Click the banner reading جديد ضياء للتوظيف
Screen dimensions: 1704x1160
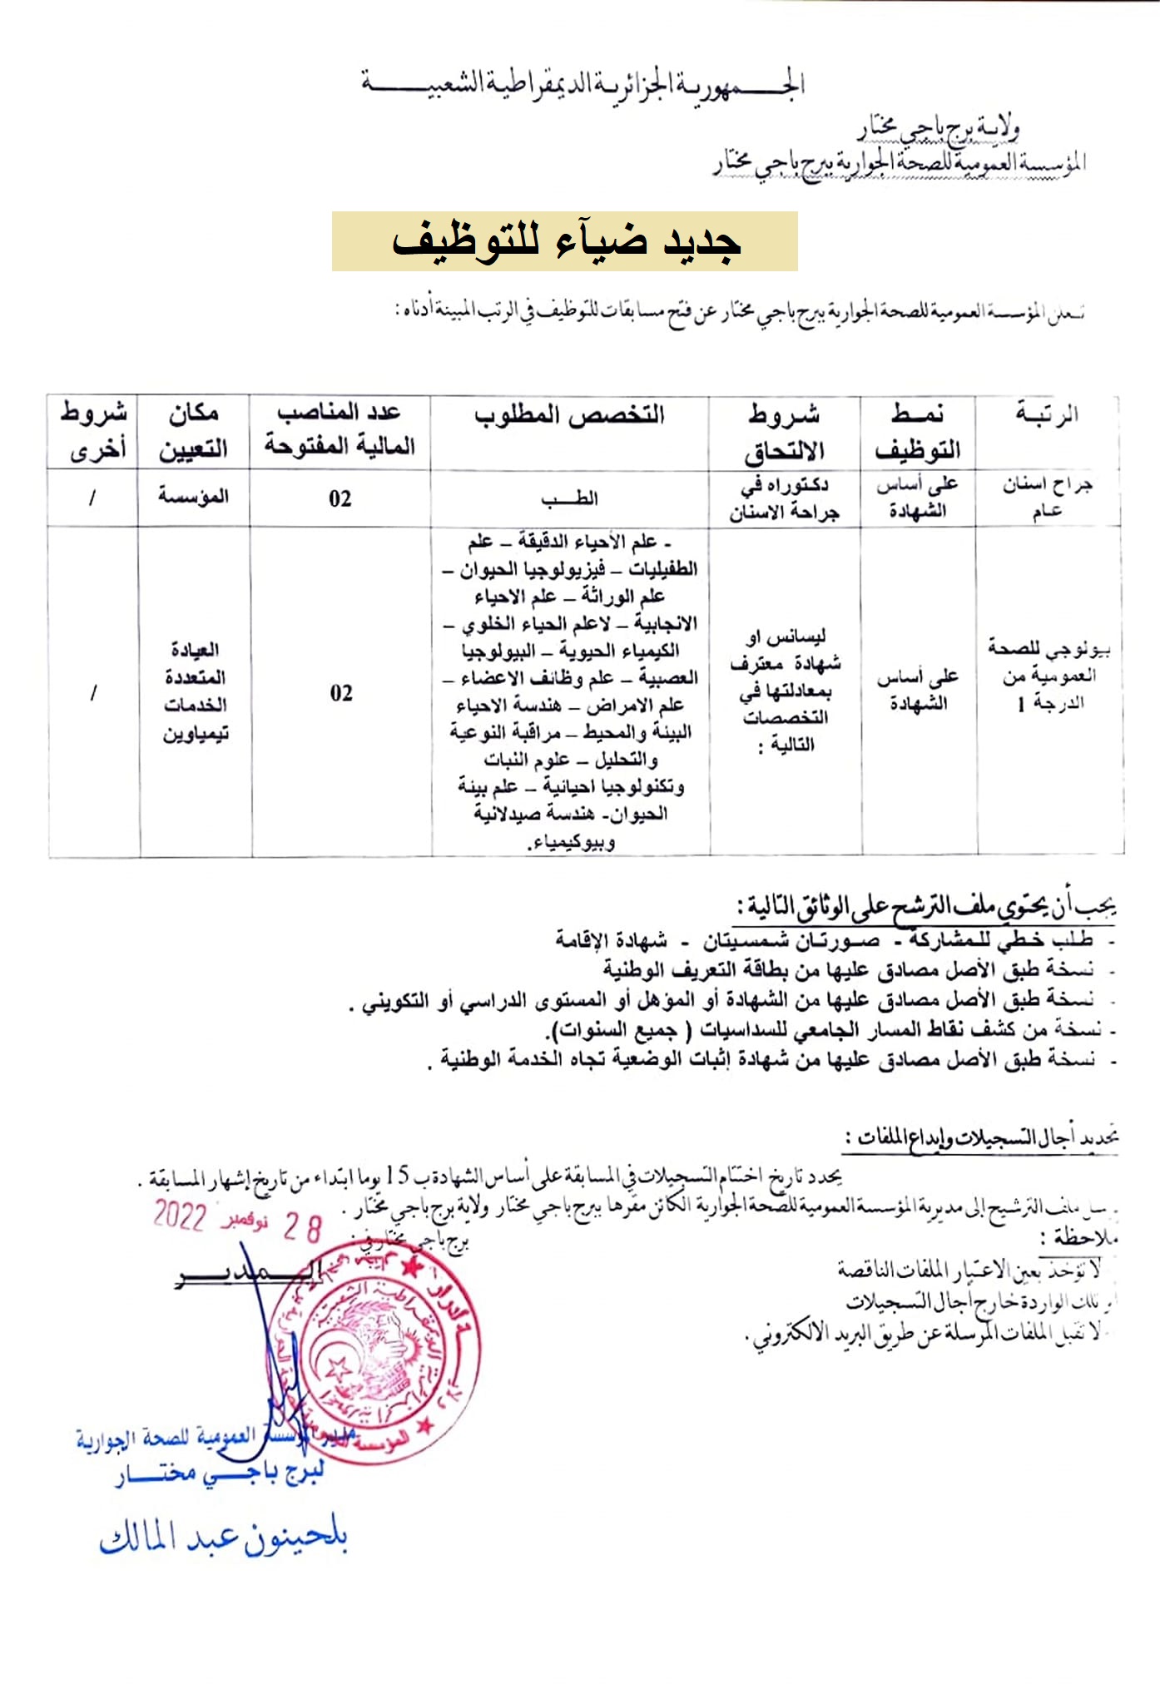click(x=564, y=241)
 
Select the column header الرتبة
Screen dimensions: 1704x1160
click(x=1047, y=414)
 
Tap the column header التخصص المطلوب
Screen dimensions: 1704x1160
click(x=570, y=415)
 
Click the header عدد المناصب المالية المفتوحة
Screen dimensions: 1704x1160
click(x=340, y=429)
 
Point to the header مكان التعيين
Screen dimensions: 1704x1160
click(x=194, y=431)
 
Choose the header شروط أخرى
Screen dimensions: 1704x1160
click(x=93, y=431)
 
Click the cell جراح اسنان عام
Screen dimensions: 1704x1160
click(x=1047, y=498)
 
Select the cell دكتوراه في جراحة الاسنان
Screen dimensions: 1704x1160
click(x=785, y=498)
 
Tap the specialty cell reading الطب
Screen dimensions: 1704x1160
click(x=570, y=498)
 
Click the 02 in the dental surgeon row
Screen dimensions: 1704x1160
click(x=340, y=499)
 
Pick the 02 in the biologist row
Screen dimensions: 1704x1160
click(x=341, y=693)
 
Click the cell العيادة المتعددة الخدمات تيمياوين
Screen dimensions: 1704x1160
click(x=195, y=691)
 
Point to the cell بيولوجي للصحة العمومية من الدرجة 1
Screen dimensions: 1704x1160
click(x=1048, y=675)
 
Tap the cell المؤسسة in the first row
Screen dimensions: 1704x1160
click(x=194, y=497)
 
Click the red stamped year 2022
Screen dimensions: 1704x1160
click(x=179, y=1216)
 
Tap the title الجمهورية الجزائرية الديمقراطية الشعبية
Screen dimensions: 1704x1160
click(x=582, y=84)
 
